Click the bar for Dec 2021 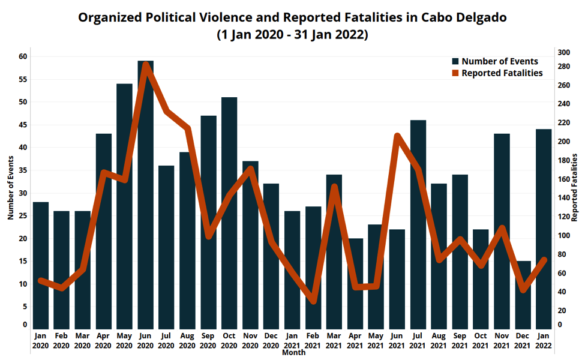point(523,294)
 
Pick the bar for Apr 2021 point(355,283)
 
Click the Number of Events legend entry point(494,61)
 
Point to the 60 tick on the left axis point(23,56)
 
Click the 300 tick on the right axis point(563,52)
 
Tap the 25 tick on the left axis point(23,215)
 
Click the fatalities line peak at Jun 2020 point(146,65)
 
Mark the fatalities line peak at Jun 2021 point(397,136)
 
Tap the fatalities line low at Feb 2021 point(313,300)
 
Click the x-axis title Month point(293,353)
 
